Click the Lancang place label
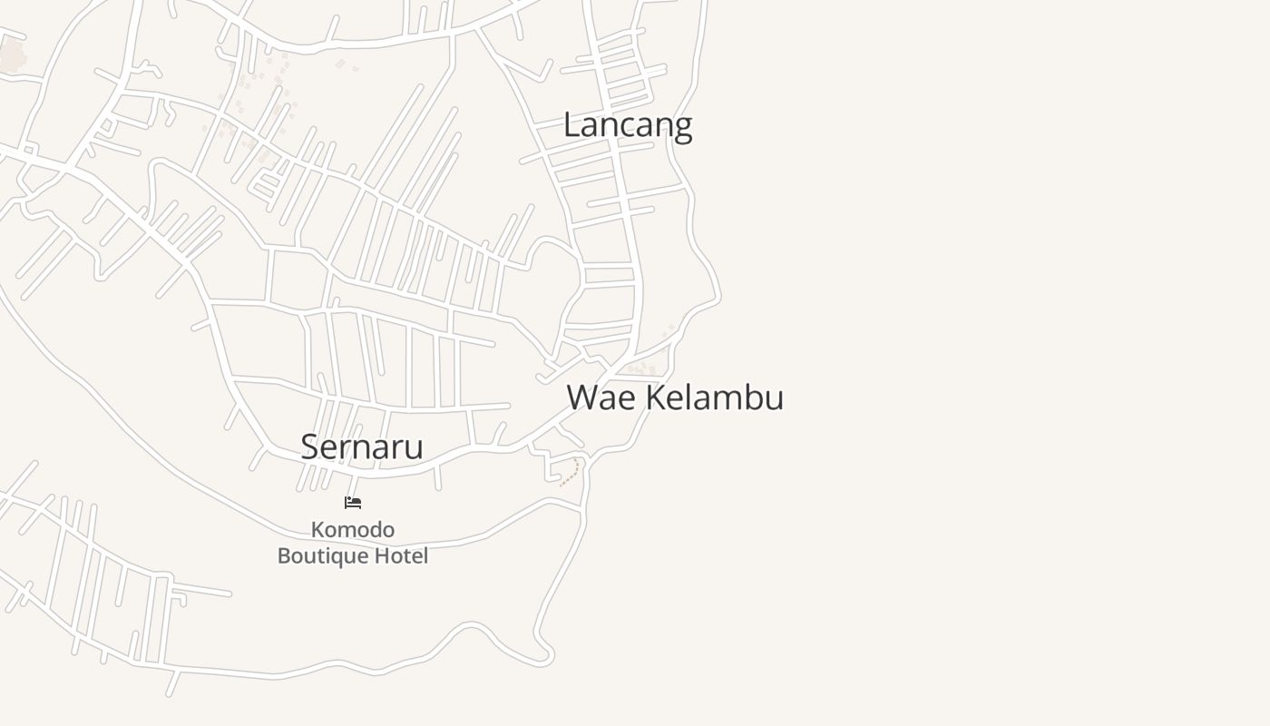[x=628, y=125]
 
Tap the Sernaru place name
[x=362, y=446]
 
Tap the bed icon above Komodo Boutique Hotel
[x=353, y=502]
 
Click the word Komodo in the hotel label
[x=353, y=529]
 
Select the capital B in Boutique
[x=284, y=555]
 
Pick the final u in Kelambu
[x=775, y=399]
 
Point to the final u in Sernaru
[x=415, y=448]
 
